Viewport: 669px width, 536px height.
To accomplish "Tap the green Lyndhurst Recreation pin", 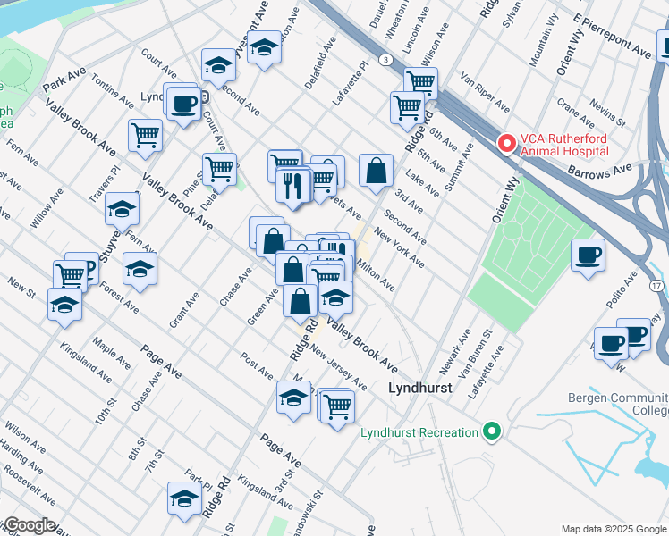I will coord(491,432).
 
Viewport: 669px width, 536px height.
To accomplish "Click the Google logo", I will coord(29,525).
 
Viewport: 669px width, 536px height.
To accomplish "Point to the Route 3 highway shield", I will coord(385,59).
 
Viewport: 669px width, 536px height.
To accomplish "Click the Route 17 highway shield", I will coord(656,285).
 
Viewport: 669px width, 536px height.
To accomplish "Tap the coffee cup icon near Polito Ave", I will coord(588,255).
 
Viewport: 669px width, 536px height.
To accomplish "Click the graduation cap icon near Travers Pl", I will coord(123,209).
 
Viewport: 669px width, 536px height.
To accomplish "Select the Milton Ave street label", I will coord(376,274).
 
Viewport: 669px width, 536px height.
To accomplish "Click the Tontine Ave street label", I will coord(113,88).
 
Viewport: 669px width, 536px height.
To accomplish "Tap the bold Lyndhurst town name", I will coord(419,389).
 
